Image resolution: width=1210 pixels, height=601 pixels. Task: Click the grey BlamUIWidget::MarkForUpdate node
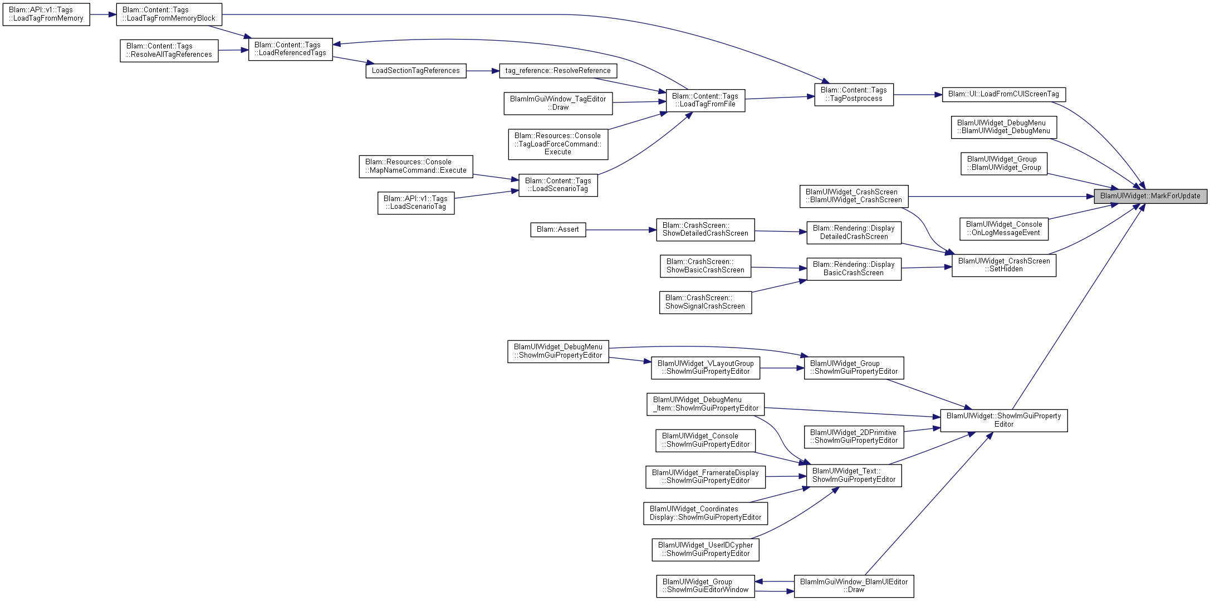click(1150, 196)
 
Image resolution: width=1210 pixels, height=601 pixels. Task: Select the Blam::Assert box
click(558, 229)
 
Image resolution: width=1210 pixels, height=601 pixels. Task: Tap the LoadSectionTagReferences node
click(416, 71)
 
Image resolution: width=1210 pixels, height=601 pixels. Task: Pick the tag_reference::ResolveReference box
click(558, 71)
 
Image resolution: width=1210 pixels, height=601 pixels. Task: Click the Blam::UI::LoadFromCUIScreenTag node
click(1004, 94)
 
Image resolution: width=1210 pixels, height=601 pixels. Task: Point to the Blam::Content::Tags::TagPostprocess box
click(854, 95)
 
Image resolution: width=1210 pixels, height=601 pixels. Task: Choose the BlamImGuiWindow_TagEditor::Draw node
click(558, 104)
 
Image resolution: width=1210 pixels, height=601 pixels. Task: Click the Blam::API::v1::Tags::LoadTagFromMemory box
click(46, 14)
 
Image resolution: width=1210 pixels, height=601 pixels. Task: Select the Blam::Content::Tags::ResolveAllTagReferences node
click(169, 51)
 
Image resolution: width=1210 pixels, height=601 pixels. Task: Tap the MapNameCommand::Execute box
click(416, 167)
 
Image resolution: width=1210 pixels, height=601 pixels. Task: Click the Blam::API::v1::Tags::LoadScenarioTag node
click(416, 203)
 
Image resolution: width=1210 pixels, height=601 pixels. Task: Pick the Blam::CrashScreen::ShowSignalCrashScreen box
click(706, 302)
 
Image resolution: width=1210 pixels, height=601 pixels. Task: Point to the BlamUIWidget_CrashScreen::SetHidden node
click(1004, 265)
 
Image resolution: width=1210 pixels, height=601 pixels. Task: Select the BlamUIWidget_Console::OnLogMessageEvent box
click(1004, 229)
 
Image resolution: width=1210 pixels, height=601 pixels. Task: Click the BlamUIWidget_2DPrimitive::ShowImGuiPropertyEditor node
click(854, 437)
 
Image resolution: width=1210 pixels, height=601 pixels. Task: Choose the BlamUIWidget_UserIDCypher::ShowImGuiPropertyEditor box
click(706, 550)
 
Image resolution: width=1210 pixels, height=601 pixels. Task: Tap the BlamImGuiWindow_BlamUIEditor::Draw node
click(854, 586)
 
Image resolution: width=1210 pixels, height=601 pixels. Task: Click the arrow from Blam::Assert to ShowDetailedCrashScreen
click(621, 229)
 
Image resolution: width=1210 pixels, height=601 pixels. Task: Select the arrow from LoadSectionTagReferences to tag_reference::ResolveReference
click(483, 71)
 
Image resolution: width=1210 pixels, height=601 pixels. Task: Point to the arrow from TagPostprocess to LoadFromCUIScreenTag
click(918, 95)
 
